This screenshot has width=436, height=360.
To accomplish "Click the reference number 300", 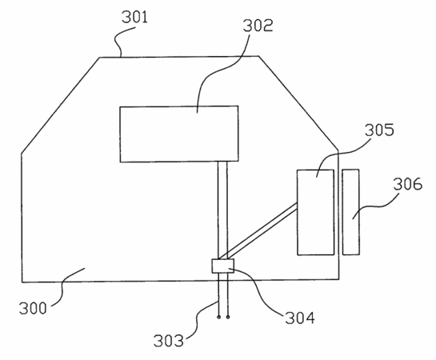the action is [x=33, y=308].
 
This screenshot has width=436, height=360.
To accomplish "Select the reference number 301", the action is [x=135, y=17].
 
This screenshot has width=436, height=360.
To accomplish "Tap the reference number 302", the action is [x=258, y=26].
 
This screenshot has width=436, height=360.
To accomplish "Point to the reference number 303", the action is [x=169, y=340].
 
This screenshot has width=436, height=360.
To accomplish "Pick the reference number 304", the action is [x=300, y=318].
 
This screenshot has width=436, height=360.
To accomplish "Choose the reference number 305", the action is [x=379, y=130].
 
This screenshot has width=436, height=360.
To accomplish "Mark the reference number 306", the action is [x=408, y=184].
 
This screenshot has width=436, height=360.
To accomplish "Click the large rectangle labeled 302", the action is [x=179, y=134].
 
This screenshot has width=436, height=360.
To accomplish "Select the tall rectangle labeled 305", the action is [x=315, y=212].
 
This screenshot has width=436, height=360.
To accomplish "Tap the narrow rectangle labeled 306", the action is [x=351, y=212].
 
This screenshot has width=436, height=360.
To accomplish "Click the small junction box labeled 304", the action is [x=223, y=266].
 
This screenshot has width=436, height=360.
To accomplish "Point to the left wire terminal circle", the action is [x=219, y=317].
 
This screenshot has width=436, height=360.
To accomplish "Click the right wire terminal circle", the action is [x=228, y=317].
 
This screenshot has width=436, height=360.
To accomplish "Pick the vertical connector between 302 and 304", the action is [x=222, y=210].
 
